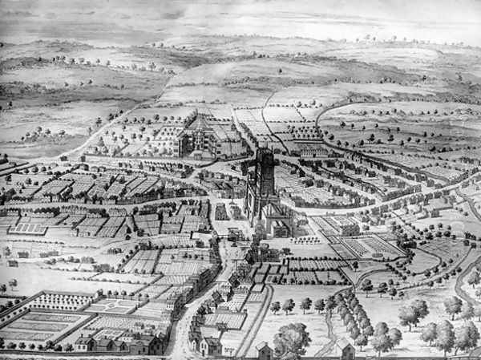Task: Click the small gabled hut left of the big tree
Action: pyautogui.click(x=263, y=350)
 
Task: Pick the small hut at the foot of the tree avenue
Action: pyautogui.click(x=346, y=348)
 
